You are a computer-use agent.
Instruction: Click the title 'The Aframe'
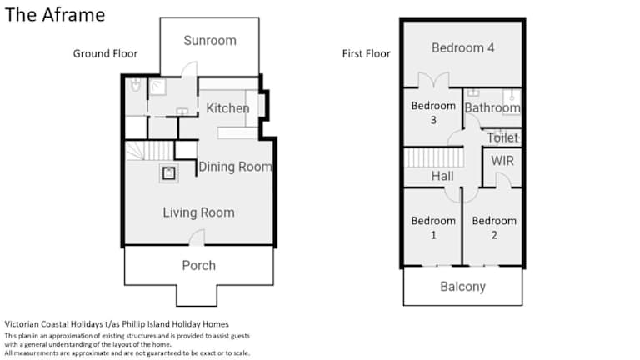[x=55, y=15]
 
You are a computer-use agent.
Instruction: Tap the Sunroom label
[x=210, y=40]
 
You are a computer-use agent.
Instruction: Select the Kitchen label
[x=227, y=108]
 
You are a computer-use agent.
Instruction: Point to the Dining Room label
[x=235, y=167]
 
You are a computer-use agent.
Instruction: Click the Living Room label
[x=199, y=212]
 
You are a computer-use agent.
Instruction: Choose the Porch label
[x=199, y=265]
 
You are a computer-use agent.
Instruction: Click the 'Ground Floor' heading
[x=105, y=53]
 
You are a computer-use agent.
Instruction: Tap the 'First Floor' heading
[x=366, y=53]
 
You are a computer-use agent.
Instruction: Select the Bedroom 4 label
[x=462, y=47]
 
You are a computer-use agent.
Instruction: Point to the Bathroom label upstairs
[x=492, y=107]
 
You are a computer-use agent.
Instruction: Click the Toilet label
[x=502, y=138]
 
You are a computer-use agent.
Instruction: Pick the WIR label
[x=502, y=161]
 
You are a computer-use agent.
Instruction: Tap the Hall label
[x=442, y=176]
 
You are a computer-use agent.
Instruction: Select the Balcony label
[x=462, y=287]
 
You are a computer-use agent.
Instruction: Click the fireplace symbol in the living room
[x=169, y=173]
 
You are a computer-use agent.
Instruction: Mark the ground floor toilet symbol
[x=136, y=85]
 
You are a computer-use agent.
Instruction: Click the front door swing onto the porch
[x=197, y=237]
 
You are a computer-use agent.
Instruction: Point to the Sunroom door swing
[x=189, y=69]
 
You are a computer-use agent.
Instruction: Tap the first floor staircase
[x=434, y=157]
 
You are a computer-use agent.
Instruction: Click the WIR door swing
[x=503, y=180]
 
